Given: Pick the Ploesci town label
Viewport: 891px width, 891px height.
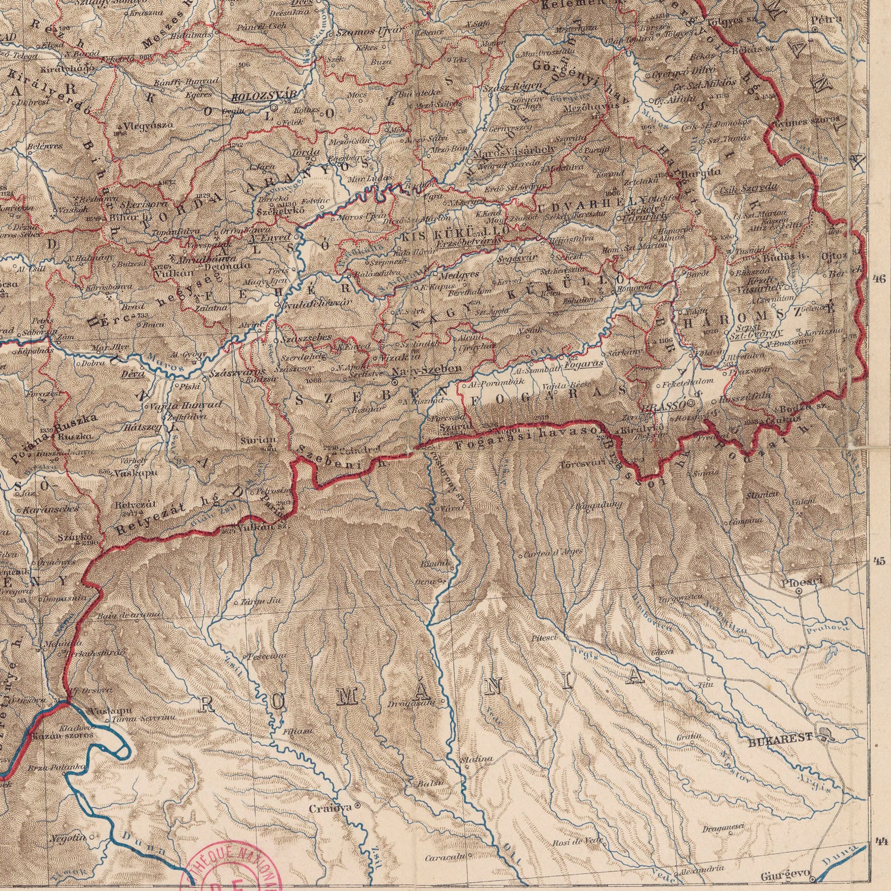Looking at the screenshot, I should pos(801,583).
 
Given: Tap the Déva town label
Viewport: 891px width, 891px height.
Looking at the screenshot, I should pos(134,374).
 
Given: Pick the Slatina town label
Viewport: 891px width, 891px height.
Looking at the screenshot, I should pos(476,759).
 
